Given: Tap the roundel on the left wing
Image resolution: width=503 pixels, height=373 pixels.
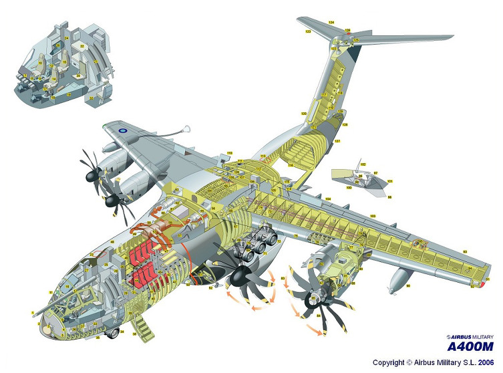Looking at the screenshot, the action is coord(124,130).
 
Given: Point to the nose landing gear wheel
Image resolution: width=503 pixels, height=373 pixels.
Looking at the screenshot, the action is coord(114,332).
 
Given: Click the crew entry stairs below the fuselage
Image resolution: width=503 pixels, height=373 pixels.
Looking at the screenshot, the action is coord(141,324).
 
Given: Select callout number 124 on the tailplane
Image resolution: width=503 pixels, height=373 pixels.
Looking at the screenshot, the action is coord(331,23).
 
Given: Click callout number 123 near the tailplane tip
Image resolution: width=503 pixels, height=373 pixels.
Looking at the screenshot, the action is coord(308,31).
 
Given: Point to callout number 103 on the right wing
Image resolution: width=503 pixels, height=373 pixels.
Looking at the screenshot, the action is coord(373,215).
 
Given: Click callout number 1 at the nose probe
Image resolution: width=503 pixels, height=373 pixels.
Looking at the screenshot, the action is coord(33,313).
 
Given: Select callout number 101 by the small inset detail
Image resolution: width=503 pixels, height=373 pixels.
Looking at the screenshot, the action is coord(389,182).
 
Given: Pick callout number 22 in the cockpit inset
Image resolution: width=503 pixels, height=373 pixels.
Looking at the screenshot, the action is coord(82,45).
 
